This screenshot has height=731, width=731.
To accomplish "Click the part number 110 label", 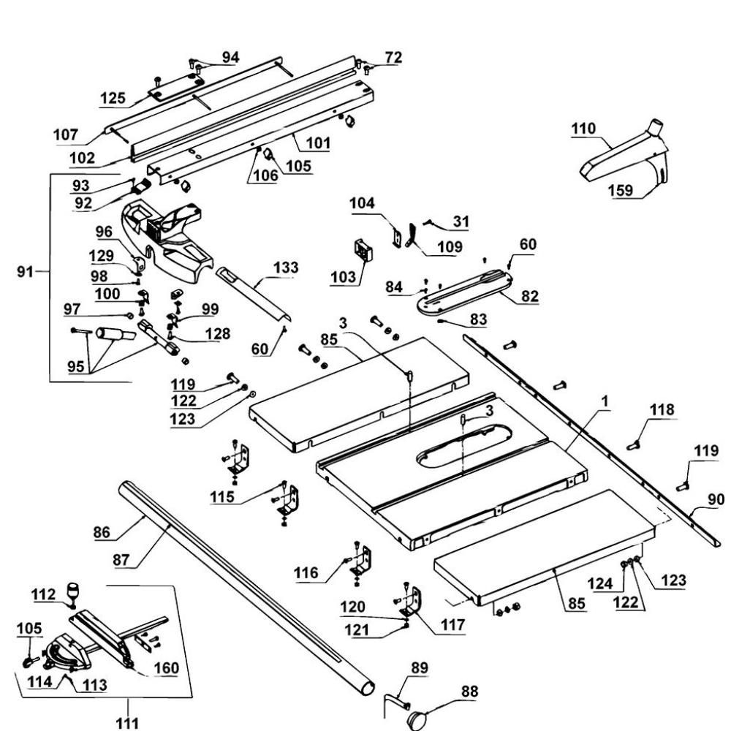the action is (x=583, y=128).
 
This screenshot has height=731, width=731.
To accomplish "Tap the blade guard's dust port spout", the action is (x=656, y=127).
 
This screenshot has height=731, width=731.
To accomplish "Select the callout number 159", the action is (x=621, y=190).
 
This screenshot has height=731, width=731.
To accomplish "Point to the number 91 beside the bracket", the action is (x=25, y=271).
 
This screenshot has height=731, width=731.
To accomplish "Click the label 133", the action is (x=286, y=268).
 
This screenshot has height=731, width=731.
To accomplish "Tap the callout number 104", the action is (x=363, y=202).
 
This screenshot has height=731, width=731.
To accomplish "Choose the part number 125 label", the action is (x=113, y=98).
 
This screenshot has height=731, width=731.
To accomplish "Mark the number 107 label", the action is (x=66, y=135).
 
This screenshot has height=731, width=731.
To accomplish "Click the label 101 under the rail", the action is (x=319, y=143).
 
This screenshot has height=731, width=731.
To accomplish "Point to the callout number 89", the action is (x=420, y=668).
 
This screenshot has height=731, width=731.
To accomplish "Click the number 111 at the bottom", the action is (x=127, y=723).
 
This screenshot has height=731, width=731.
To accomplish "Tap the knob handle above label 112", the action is (x=74, y=590).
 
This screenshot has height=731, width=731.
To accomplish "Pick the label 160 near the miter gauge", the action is (x=167, y=668).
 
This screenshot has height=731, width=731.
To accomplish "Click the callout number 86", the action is (x=102, y=532).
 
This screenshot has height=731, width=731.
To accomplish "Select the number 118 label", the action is (x=662, y=409).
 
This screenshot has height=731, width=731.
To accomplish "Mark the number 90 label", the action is (x=716, y=499).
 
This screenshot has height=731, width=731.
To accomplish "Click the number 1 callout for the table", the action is (x=605, y=401).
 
